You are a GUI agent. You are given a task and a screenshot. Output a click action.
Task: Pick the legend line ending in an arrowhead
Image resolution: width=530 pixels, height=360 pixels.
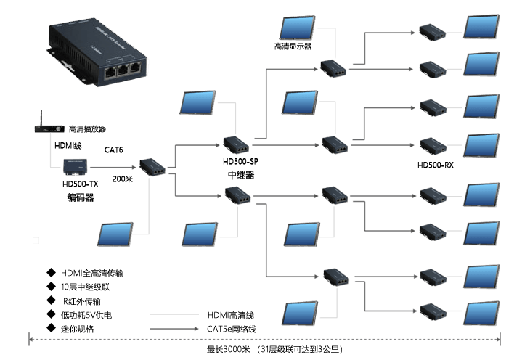pos(175,328)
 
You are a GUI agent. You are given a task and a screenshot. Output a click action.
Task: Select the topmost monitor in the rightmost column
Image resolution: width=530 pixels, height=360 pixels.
pos(482,28)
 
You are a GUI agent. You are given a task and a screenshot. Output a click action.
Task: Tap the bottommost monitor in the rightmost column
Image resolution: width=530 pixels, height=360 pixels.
pos(482,314)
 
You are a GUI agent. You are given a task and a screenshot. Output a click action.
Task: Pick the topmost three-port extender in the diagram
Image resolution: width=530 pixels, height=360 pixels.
pos(335,69)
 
